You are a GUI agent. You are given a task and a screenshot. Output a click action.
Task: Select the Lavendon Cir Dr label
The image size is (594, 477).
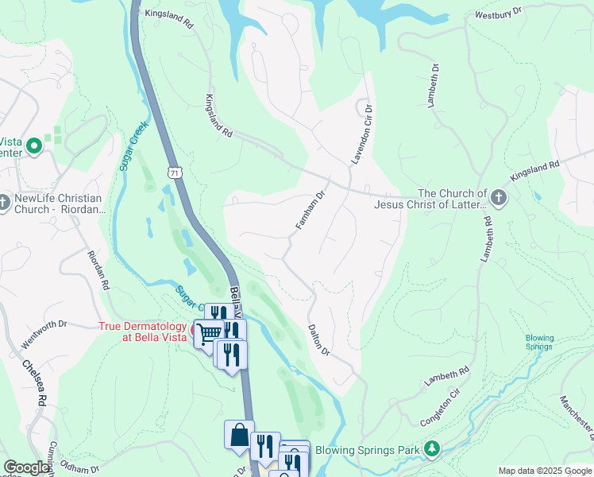coord(363,134)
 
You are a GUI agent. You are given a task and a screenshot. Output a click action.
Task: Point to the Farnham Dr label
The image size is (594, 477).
coord(311,210)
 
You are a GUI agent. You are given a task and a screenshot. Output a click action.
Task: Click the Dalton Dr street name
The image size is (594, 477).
coord(319,339)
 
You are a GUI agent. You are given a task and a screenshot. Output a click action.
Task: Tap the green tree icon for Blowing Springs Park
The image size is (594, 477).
coord(432,449)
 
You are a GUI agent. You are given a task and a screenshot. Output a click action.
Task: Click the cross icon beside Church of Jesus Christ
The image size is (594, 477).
coord(498,198)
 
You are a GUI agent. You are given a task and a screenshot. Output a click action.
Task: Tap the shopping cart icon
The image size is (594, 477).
coord(208,332)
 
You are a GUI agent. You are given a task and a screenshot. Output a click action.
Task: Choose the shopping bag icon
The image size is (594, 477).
coord(239,435)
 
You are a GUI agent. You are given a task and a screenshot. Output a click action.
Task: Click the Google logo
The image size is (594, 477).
coord(27,467)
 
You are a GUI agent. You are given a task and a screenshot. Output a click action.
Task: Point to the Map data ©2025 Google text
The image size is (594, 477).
coord(545,471)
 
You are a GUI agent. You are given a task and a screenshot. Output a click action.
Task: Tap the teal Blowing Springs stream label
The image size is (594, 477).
coord(540,342)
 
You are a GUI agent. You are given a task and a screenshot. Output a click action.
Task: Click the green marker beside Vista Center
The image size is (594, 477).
coord(34,145)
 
